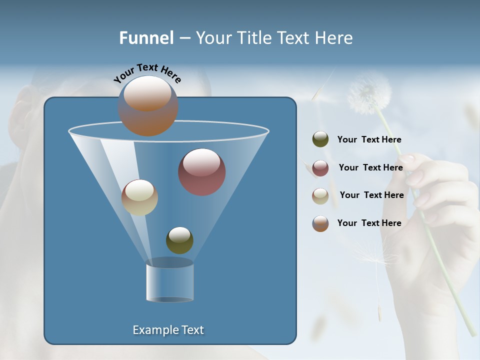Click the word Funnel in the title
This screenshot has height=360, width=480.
(x=146, y=38)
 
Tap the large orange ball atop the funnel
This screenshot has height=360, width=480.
(x=148, y=105)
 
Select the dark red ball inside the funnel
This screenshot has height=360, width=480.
(x=202, y=172)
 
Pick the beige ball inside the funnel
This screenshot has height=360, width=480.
(x=139, y=197)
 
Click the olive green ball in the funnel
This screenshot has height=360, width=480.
(x=179, y=240)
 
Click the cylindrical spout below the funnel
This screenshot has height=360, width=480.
(x=169, y=282)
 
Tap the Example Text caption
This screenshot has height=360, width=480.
(x=168, y=330)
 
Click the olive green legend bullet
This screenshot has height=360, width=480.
(x=320, y=139)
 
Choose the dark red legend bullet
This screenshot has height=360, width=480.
(x=320, y=168)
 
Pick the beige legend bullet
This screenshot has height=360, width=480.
(x=320, y=196)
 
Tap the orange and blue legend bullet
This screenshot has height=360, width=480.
(x=320, y=223)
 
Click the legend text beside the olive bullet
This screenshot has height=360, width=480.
(x=369, y=140)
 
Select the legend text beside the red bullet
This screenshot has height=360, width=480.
(x=370, y=168)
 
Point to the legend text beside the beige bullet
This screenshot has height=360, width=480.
(x=371, y=195)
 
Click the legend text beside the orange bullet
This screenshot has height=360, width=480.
(x=369, y=223)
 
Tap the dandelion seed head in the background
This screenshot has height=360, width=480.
(x=369, y=92)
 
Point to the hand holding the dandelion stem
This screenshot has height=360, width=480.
(x=440, y=200)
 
